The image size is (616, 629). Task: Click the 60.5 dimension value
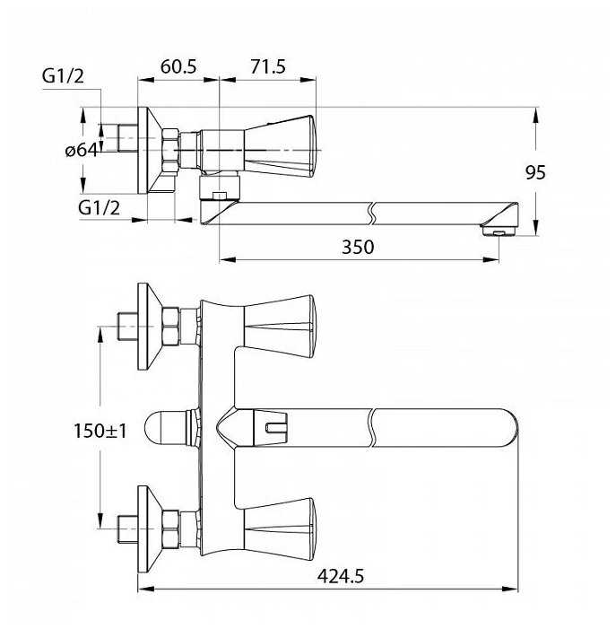pos(178,67)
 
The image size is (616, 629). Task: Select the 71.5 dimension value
pos(267,67)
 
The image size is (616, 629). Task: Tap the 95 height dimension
pos(535,172)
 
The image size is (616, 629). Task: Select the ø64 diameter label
pos(81,150)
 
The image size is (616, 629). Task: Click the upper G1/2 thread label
pos(63,76)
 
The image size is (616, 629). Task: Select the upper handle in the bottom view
pos(280,325)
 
